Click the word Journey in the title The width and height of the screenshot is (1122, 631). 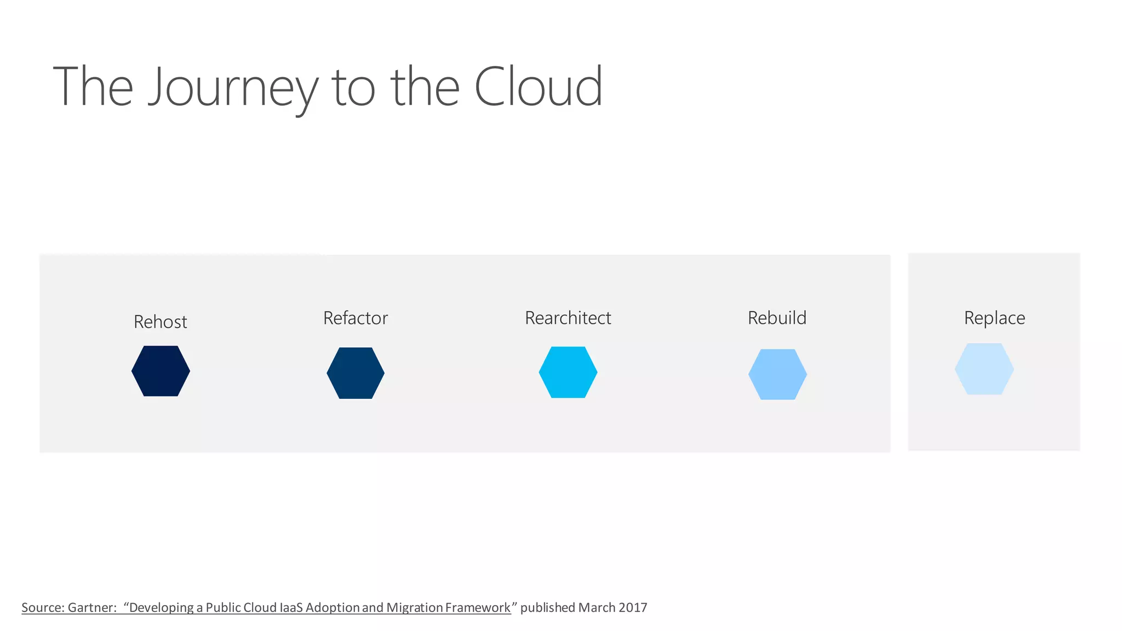(233, 88)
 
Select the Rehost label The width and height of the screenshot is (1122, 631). (161, 322)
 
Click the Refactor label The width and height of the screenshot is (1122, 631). (356, 318)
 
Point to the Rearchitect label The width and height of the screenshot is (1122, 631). (568, 318)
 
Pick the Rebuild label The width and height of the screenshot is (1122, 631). (777, 318)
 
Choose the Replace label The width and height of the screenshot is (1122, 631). (994, 318)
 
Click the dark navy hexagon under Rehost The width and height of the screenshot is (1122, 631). (161, 371)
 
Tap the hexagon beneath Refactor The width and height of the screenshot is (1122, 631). (356, 373)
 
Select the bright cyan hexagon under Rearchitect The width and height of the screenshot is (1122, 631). (568, 372)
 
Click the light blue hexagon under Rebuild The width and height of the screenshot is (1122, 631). (777, 374)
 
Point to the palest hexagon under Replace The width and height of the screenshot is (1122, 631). (984, 369)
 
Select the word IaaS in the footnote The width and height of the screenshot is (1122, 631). (291, 607)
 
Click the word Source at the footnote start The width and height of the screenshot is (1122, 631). (43, 607)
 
